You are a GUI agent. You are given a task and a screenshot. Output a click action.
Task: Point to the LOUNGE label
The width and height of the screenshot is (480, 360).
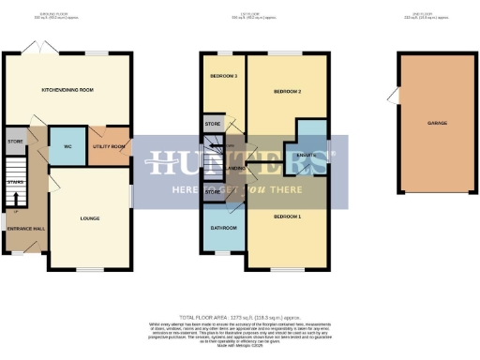(x=90, y=219)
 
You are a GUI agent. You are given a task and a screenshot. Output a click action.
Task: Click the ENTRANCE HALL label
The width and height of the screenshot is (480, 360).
(x=24, y=229)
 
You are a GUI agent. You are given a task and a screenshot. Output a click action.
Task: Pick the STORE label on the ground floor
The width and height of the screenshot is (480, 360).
(x=14, y=142)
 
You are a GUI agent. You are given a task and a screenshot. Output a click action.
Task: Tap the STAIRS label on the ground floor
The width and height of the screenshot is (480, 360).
(x=14, y=183)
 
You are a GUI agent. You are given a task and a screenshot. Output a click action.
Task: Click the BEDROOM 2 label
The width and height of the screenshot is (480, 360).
(x=286, y=91)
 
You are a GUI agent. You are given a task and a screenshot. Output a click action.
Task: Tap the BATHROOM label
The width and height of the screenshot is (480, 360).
(x=223, y=228)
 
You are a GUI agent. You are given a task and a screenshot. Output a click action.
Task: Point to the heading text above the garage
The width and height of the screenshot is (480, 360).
(x=436, y=17)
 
